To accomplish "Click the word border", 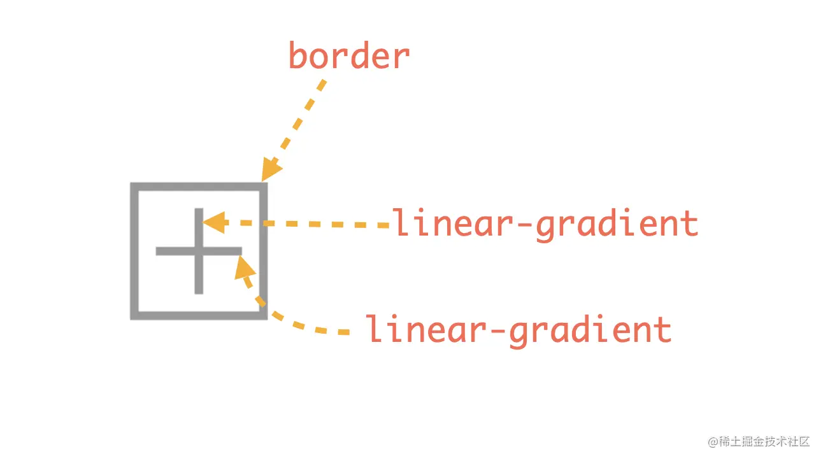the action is click(349, 55).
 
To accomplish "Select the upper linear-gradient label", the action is click(545, 224).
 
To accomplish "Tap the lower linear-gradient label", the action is click(519, 330).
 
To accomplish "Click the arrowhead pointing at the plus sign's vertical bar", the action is click(214, 223).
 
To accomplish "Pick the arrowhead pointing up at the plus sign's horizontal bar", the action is click(244, 267).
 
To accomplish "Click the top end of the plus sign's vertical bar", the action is click(199, 209).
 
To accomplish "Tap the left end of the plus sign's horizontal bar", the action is click(157, 252).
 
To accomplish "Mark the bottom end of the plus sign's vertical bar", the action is click(199, 293).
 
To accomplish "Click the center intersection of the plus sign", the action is click(199, 252).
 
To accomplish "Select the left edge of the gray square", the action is click(134, 252).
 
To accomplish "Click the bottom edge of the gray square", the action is click(199, 316).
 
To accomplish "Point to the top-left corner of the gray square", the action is click(131, 183).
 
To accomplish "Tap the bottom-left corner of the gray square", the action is click(131, 319).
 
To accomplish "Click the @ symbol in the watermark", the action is click(713, 442).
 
